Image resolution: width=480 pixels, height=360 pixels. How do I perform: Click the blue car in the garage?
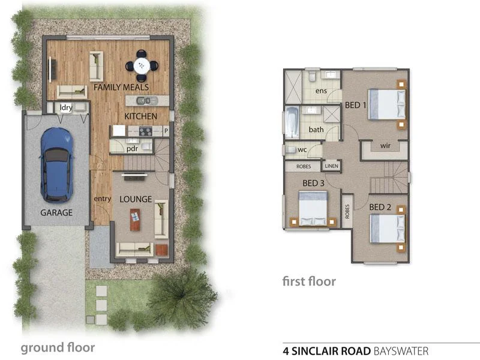pyautogui.click(x=55, y=164)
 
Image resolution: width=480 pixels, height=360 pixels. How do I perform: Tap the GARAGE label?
pyautogui.click(x=56, y=212)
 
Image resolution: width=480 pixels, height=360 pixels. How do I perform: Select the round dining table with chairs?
pyautogui.click(x=142, y=65)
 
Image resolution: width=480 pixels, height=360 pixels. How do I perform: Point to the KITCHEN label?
pyautogui.click(x=140, y=116)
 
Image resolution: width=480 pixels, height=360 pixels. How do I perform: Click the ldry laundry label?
pyautogui.click(x=66, y=108)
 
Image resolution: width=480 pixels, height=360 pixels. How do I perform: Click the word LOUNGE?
pyautogui.click(x=136, y=199)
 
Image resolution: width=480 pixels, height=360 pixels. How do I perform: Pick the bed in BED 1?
pyautogui.click(x=384, y=104)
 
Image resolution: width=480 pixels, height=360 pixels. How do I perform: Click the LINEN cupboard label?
pyautogui.click(x=331, y=166)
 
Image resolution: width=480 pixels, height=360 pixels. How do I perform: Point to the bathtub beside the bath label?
pyautogui.click(x=292, y=122)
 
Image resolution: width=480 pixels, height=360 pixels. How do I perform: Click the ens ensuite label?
pyautogui.click(x=321, y=91)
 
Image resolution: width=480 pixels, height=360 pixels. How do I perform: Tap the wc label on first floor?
pyautogui.click(x=302, y=149)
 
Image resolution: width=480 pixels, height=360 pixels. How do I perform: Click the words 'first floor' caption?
pyautogui.click(x=309, y=281)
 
